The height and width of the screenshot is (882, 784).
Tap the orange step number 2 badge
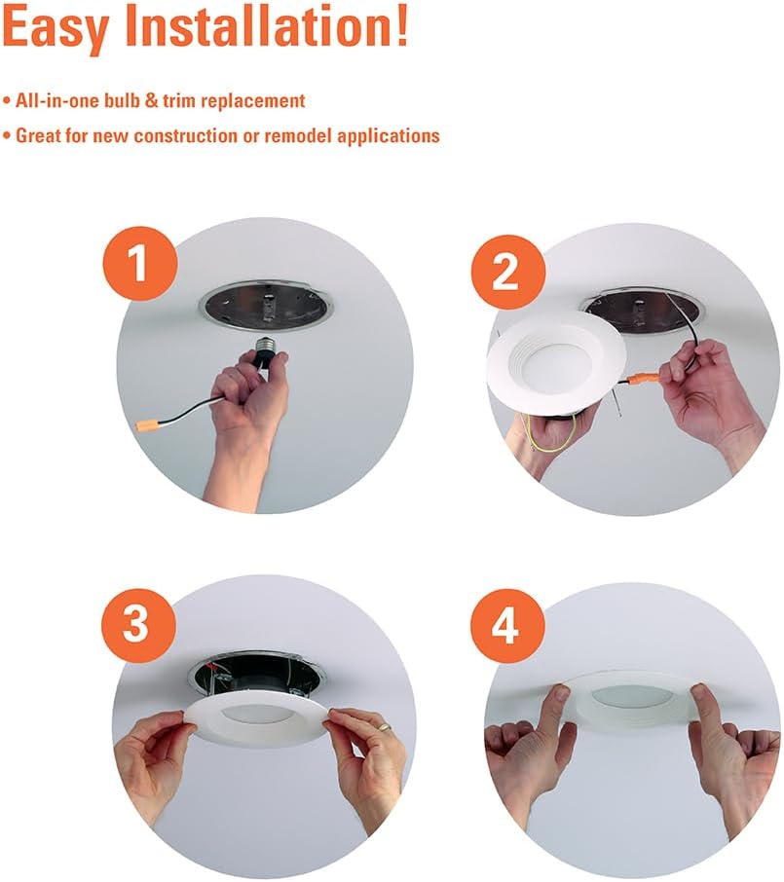point(507,272)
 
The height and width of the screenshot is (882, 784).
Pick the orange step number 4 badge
point(507,626)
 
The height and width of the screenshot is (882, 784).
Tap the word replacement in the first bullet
point(252,101)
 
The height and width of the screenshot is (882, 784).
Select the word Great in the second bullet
point(38,135)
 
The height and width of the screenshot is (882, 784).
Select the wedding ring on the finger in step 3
point(384,727)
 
